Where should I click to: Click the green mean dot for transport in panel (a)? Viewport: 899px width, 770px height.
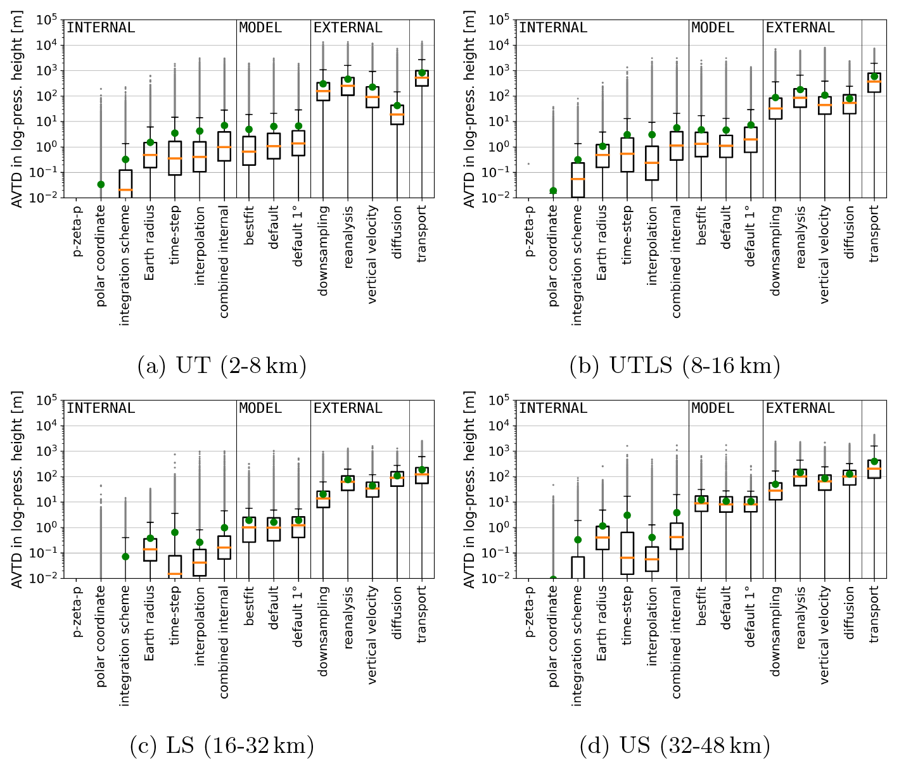pos(422,73)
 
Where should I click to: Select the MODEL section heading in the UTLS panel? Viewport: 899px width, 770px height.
pos(713,28)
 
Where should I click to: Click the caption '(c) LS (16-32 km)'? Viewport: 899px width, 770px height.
pos(222,747)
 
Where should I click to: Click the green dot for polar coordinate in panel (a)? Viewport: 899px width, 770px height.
pos(101,184)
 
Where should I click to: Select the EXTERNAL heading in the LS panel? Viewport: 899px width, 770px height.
pos(348,408)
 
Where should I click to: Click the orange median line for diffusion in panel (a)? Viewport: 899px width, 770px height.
pos(397,115)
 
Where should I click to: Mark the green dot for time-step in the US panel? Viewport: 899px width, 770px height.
pos(627,515)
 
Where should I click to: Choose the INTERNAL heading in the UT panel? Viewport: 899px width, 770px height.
pos(101,28)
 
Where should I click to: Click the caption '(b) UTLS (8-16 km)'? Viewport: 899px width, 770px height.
pos(674,366)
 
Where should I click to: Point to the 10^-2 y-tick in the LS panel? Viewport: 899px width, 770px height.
pos(45,579)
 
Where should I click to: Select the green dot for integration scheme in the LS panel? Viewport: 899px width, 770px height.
pos(125,557)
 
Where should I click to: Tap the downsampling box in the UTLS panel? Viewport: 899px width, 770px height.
pos(775,108)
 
